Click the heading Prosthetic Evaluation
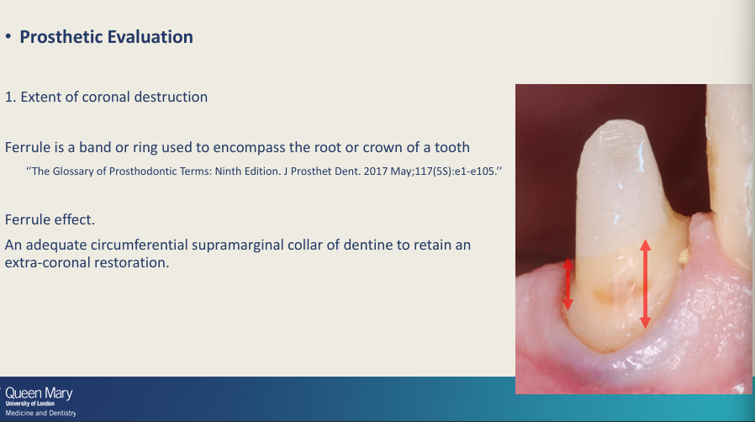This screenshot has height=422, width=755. click(106, 37)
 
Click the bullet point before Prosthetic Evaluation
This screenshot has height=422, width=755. click(8, 38)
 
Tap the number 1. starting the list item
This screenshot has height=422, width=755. click(10, 97)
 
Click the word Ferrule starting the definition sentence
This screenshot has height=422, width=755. click(27, 147)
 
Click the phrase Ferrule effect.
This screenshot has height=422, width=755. click(50, 219)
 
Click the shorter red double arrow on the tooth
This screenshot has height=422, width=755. click(568, 283)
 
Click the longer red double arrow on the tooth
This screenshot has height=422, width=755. click(645, 284)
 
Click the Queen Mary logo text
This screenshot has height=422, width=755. click(39, 393)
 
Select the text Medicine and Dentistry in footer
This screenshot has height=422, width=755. click(40, 413)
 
